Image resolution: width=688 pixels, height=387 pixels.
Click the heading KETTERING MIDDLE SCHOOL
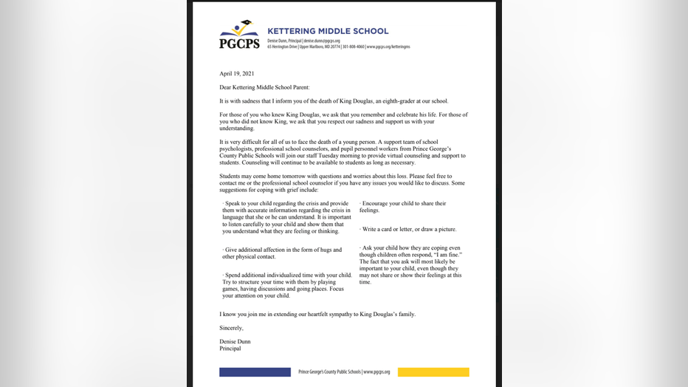click(x=327, y=31)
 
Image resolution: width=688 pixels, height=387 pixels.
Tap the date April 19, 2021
click(x=236, y=74)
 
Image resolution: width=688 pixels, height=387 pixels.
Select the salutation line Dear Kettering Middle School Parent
click(x=264, y=87)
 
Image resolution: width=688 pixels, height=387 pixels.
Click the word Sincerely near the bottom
click(x=231, y=328)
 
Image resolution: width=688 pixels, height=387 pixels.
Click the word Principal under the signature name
click(x=231, y=349)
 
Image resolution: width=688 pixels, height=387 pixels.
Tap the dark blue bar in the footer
click(x=255, y=372)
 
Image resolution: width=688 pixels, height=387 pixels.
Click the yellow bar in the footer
click(x=433, y=372)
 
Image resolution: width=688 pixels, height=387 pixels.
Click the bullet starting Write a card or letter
click(x=408, y=230)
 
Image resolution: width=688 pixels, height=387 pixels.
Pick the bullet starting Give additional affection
click(x=282, y=253)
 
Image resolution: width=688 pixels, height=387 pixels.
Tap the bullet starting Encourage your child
click(x=403, y=207)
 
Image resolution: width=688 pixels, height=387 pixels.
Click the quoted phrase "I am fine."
click(x=447, y=255)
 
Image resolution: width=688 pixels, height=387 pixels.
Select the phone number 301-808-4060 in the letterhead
click(x=372, y=47)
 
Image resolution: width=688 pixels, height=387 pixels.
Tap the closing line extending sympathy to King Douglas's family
click(x=317, y=314)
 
